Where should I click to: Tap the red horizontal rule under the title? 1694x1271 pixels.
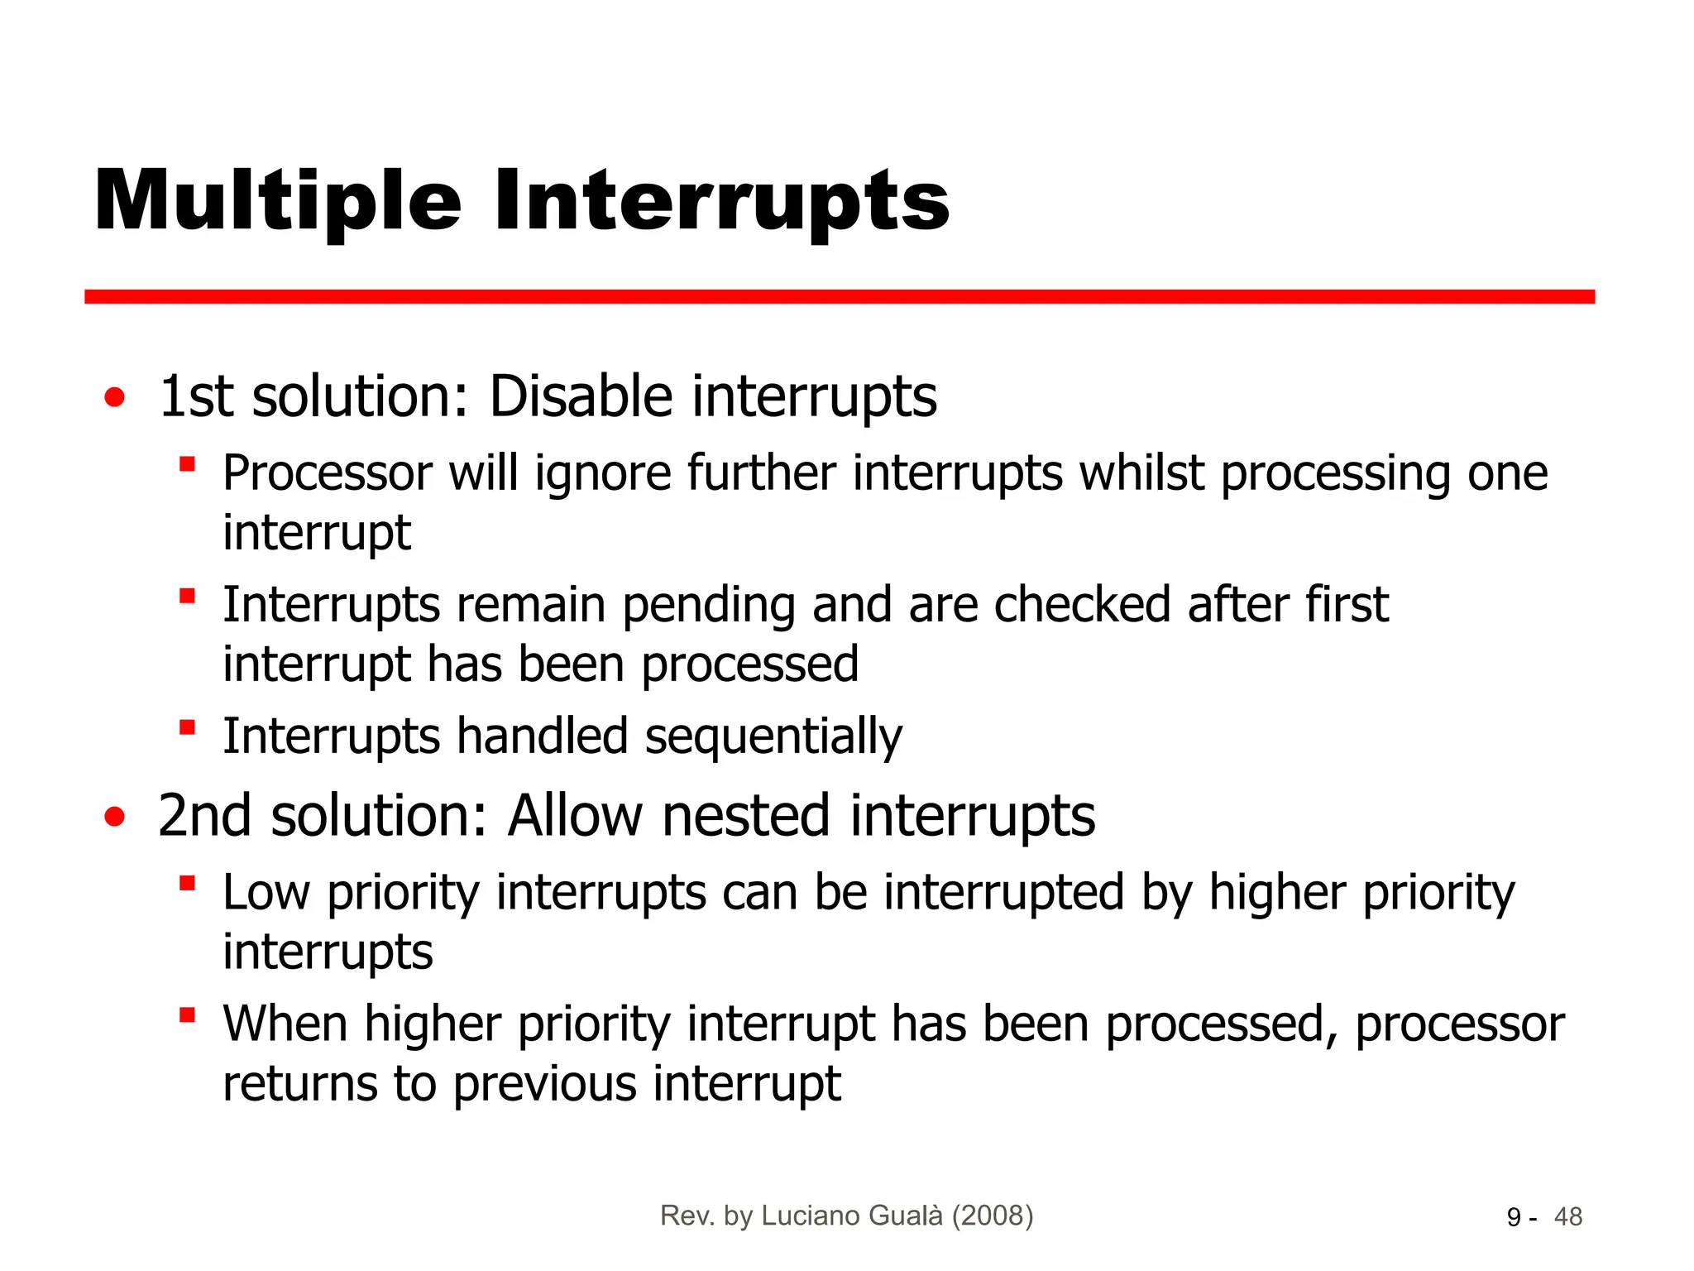tap(839, 296)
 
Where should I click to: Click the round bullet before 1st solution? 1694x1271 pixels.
tap(115, 398)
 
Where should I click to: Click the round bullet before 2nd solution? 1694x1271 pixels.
tap(115, 818)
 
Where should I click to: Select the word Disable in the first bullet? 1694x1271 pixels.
tap(581, 396)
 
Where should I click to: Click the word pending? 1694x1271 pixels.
tap(708, 606)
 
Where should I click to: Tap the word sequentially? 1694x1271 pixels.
tap(773, 737)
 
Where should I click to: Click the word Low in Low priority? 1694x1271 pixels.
tap(266, 893)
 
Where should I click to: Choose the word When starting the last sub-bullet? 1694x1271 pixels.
tap(285, 1024)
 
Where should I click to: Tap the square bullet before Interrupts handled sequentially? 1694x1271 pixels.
tap(188, 727)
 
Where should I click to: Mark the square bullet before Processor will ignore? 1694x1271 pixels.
tap(188, 463)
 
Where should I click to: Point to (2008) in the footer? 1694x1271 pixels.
tap(992, 1216)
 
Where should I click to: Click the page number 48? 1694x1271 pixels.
tap(1567, 1217)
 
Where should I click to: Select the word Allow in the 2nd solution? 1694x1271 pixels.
tap(575, 816)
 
